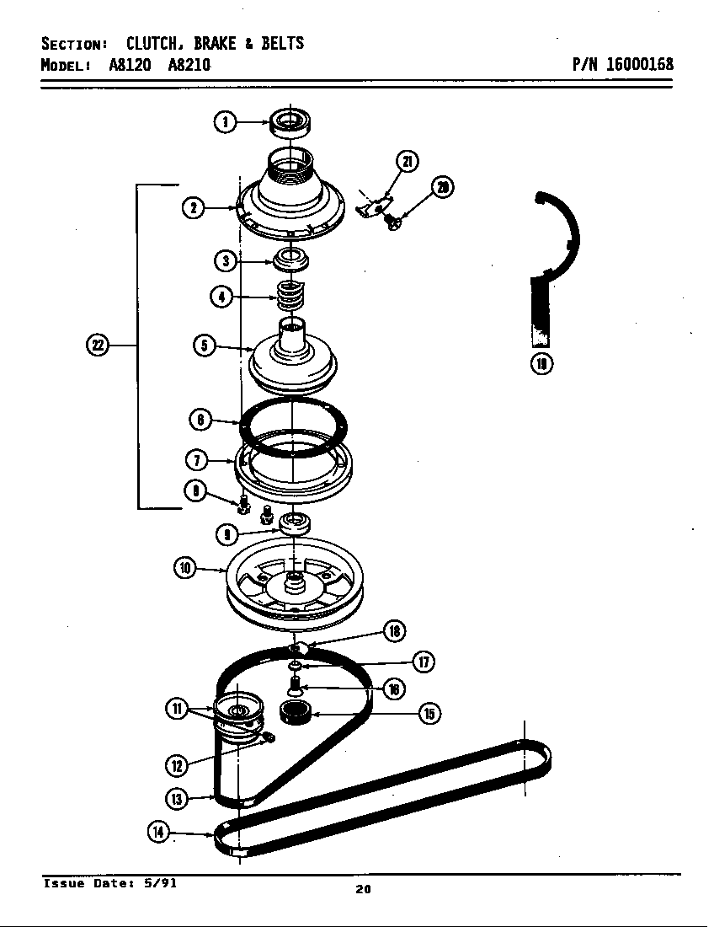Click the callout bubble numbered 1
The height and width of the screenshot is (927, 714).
[224, 122]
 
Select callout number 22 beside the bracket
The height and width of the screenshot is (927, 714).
[98, 345]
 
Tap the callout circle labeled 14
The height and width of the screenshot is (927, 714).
[158, 832]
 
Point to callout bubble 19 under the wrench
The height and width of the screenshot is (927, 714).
[541, 364]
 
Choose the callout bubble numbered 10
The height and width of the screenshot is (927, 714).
[186, 569]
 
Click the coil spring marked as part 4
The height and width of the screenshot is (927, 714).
[290, 296]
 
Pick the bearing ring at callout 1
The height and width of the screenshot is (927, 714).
[290, 121]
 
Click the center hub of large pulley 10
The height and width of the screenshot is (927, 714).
[295, 579]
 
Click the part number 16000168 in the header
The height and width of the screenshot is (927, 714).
[639, 65]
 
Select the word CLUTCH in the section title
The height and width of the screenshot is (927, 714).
[156, 44]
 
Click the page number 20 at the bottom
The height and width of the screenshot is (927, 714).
[363, 888]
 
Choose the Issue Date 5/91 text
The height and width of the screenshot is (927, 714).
[110, 883]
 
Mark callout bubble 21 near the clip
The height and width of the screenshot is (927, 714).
[408, 162]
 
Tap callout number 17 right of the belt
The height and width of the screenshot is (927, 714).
[424, 662]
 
